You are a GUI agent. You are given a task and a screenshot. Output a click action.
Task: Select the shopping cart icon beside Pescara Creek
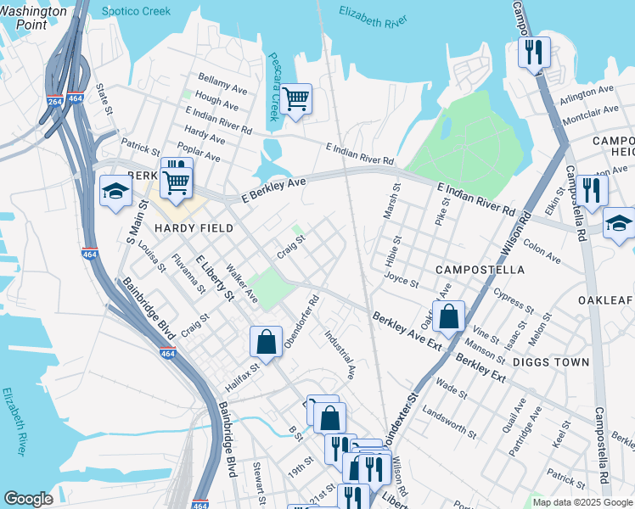pos(296,99)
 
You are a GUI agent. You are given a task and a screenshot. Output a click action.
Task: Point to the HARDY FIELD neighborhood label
pos(188,229)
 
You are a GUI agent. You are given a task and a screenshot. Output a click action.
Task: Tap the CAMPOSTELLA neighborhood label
pos(479,269)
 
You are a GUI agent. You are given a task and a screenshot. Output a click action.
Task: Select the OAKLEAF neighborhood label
pos(606,299)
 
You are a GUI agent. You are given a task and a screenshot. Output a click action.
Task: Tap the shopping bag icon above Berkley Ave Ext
pos(448,316)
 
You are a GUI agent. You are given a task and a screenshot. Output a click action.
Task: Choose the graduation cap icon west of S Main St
pos(115,190)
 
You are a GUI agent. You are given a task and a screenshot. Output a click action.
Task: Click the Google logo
pos(28,499)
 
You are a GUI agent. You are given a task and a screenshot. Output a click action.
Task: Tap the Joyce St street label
pos(401,279)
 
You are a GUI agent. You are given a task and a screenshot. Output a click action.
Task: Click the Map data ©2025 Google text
pos(582,502)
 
